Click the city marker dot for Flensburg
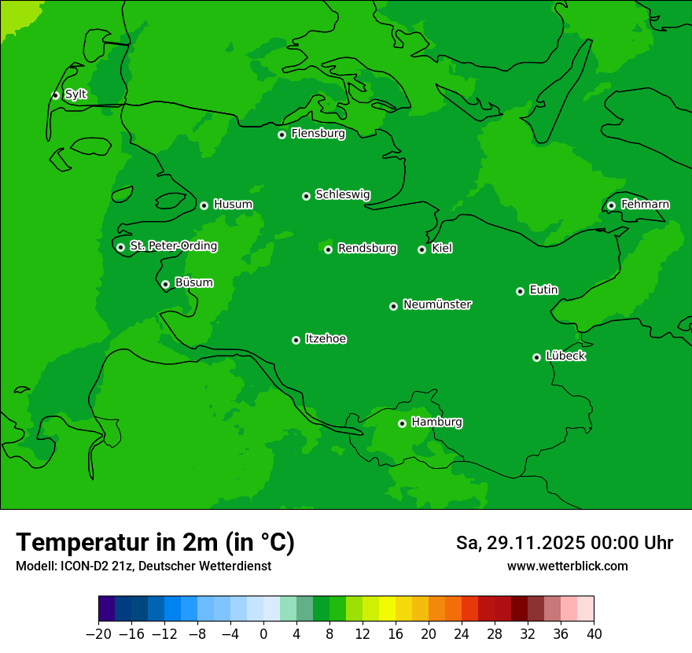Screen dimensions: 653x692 coord(282,135)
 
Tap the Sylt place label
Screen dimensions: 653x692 coord(75,94)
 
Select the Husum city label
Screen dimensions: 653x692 coord(233,205)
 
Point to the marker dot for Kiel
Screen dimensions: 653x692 coord(421,249)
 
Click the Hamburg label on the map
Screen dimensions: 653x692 coord(436,422)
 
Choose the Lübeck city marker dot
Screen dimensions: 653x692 coord(536,357)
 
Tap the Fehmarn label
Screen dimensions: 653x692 coord(645,205)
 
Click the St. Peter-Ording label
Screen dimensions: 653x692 coord(173,245)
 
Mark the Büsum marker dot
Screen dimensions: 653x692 coord(165,285)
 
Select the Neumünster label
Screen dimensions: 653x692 coord(437,304)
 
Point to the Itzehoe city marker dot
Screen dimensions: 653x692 coord(296,340)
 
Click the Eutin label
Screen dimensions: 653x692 coord(543,290)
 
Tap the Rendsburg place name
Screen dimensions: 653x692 coord(367,249)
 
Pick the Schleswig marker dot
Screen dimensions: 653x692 coord(306,196)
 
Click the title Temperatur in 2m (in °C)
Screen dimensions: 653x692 coord(155,542)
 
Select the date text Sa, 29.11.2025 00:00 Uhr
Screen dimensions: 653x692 coord(564,543)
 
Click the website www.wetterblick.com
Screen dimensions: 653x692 coord(567,566)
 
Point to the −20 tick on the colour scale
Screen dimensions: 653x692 coord(98,633)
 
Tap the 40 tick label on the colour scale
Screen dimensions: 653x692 coord(594,633)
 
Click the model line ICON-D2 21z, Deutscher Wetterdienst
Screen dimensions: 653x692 coord(143,566)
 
